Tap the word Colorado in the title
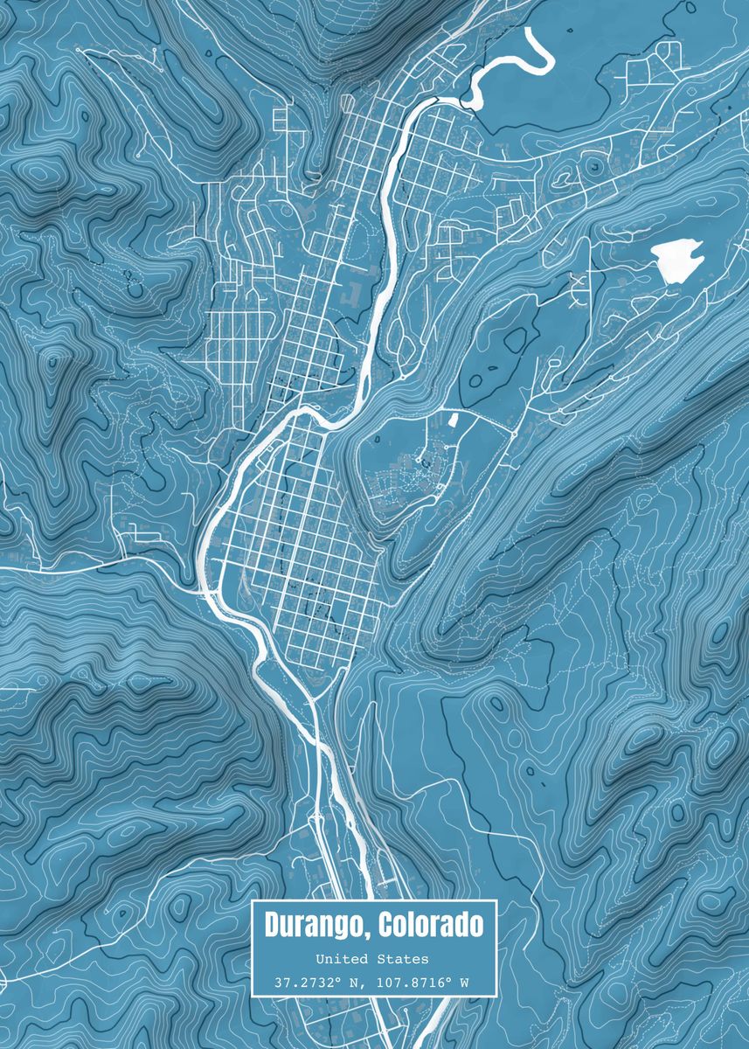click(x=427, y=924)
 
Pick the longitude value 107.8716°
click(x=413, y=983)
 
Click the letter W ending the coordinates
click(x=464, y=983)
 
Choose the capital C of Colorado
click(x=383, y=924)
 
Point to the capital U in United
click(x=320, y=960)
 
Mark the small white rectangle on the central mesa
click(x=452, y=420)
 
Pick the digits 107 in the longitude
click(x=388, y=983)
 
